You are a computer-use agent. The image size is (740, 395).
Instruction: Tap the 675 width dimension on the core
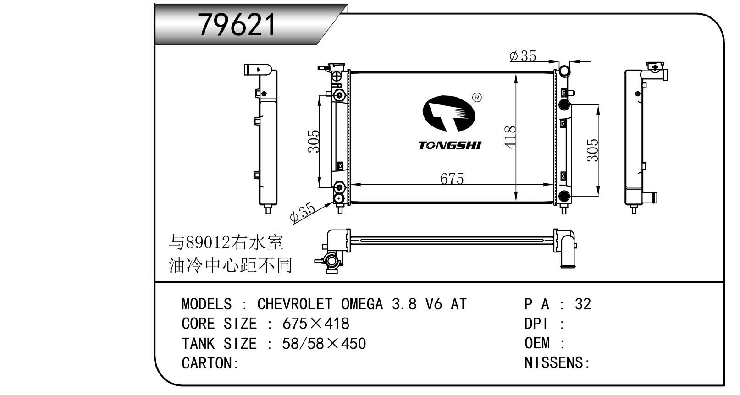[452, 178]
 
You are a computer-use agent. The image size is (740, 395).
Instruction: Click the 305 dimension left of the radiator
[313, 141]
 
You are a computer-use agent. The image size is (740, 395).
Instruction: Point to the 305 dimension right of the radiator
[592, 150]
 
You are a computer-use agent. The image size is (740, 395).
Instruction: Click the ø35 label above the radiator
[522, 56]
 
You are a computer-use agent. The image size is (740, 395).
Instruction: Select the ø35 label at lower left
[302, 213]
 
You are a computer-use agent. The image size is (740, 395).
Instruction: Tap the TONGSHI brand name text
[449, 145]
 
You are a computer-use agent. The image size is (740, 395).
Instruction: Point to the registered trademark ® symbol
[477, 98]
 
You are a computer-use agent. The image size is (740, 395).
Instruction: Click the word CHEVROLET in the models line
[294, 304]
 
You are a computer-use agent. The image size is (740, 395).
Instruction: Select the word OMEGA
[362, 304]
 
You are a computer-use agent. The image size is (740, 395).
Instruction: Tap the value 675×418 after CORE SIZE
[315, 324]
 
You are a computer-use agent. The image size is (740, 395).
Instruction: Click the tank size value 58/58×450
[324, 343]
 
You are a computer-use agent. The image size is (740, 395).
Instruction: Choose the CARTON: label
[210, 363]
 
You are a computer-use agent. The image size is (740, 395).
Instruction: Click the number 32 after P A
[583, 304]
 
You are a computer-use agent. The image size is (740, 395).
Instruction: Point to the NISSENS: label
[557, 363]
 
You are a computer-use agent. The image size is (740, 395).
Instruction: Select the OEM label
[537, 343]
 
